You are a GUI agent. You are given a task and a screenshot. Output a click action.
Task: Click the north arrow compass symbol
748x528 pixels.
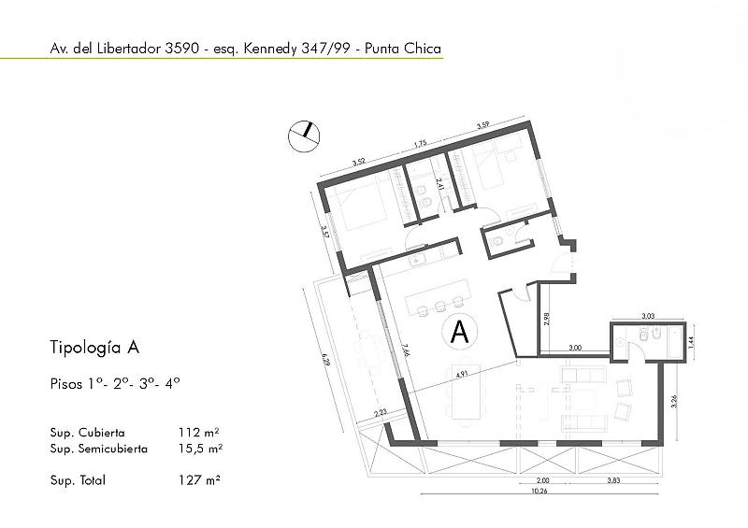coord(304,136)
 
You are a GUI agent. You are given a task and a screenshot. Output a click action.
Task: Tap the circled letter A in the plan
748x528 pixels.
coord(460,332)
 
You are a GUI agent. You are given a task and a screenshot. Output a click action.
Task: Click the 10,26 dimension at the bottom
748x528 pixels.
coord(539,491)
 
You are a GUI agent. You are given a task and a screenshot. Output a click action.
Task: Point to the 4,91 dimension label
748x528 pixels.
coord(461,375)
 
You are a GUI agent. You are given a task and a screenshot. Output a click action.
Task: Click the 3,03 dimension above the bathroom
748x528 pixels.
coord(648,315)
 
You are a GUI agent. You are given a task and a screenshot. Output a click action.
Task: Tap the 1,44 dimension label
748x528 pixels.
coord(691,341)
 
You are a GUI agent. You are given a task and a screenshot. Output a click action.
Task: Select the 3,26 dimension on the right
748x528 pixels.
coord(674,401)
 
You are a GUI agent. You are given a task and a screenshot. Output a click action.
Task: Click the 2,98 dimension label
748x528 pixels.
coord(547,319)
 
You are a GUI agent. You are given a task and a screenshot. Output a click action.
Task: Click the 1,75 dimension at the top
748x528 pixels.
coord(420,142)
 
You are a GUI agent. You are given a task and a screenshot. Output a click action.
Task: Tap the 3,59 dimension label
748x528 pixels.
coord(483,125)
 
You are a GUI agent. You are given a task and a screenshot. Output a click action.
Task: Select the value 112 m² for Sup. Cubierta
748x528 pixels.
coord(199,432)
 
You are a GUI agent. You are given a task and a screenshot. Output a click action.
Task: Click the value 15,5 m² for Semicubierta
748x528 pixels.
coord(201,449)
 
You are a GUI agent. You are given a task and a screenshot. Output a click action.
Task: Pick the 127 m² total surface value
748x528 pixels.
coord(199,479)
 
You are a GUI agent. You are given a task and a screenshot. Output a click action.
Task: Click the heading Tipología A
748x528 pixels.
coord(94,348)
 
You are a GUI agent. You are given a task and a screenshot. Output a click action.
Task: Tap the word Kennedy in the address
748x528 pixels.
coord(270,49)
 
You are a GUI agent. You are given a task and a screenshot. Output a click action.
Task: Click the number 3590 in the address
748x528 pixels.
coord(181,49)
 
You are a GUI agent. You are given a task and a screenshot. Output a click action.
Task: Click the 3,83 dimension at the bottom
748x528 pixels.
coord(613,480)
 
